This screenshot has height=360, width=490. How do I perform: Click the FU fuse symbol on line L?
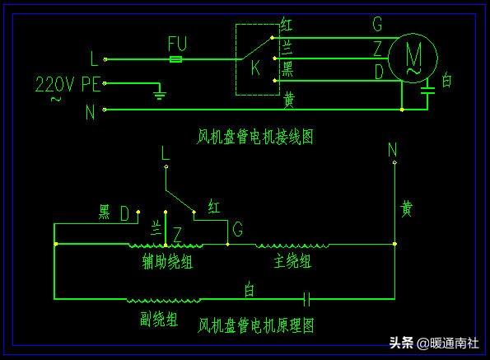175,59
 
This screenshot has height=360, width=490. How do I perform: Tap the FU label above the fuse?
177,44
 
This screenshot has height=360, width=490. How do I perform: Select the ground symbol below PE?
160,93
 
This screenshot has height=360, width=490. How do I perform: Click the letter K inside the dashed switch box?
255,68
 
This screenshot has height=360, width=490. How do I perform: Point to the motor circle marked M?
413,58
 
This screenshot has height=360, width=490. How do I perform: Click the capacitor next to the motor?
427,91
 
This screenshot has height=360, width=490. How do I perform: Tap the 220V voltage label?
54,84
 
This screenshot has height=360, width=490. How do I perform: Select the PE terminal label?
91,84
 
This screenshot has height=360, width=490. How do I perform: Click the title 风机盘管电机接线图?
255,137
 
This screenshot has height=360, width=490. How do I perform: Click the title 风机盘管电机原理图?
255,325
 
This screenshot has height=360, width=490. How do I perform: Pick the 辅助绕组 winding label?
167,261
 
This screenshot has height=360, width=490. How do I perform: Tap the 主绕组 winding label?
292,260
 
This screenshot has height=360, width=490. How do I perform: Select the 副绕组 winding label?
159,319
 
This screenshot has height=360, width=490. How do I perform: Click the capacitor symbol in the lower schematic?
306,299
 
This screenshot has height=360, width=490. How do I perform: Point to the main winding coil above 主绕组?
292,245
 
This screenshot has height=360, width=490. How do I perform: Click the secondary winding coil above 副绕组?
163,301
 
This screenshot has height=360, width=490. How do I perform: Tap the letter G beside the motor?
377,24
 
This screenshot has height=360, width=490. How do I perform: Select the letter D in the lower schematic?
124,213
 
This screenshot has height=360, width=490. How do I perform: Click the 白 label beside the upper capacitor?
446,80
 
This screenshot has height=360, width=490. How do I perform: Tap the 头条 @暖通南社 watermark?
434,344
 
